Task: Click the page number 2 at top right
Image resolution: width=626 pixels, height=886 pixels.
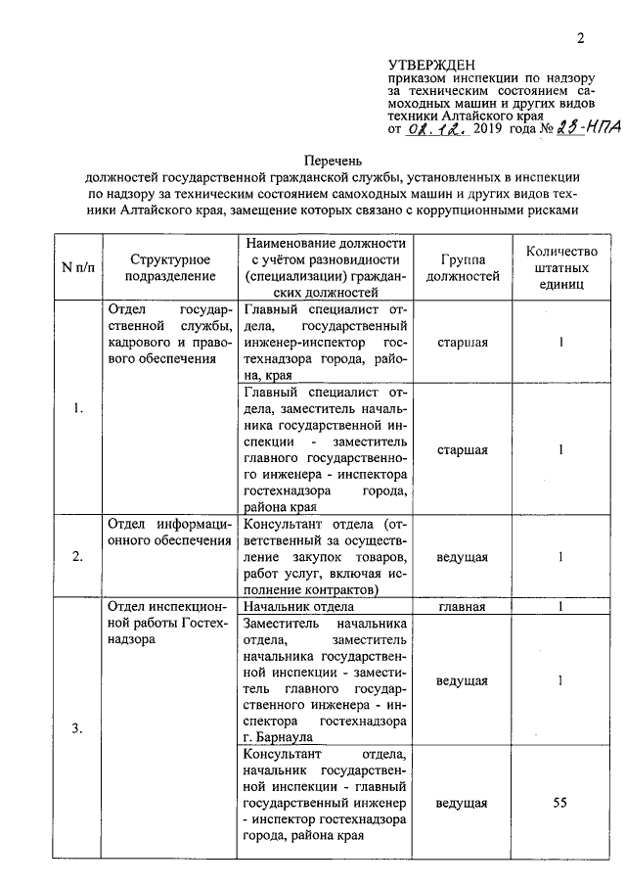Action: pos(580,39)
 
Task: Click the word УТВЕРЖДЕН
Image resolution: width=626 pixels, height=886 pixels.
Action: pos(431,64)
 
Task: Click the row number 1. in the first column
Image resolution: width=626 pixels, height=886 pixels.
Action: pos(78,408)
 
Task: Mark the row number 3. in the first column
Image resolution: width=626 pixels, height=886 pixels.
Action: pos(78,728)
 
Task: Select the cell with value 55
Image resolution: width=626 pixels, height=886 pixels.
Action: pos(559,803)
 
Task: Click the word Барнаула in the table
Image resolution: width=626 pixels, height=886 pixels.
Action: pos(282,736)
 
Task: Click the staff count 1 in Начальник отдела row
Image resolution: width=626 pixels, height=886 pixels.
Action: pos(559,606)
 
